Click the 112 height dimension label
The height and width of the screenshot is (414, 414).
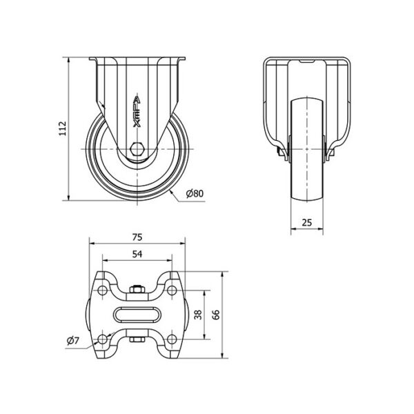pos(62,128)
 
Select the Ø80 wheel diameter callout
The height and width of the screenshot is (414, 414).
pos(195,193)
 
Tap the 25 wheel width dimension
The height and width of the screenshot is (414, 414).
pos(307,223)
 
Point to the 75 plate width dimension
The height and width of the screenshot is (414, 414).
pos(137,237)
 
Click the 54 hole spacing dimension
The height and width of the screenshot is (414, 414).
pos(137,254)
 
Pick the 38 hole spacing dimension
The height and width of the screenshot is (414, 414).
pos(198,315)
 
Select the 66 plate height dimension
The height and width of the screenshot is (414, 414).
pos(216,315)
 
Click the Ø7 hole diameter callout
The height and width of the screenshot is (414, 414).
pos(73,341)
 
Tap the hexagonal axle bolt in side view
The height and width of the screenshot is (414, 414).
pos(137,149)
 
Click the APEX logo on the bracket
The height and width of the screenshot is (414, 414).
pos(137,110)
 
